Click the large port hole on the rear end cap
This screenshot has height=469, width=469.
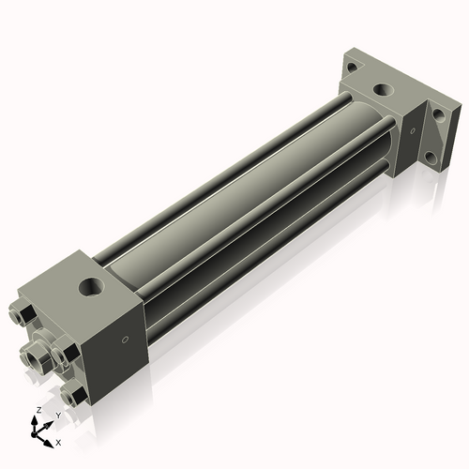(x=383, y=90)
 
